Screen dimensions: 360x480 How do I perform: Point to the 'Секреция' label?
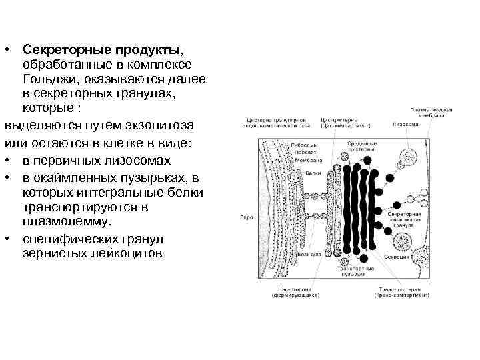pyautogui.click(x=391, y=257)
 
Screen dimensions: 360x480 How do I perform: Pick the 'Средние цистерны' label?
pyautogui.click(x=363, y=147)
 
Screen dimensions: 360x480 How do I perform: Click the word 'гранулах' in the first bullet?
pyautogui.click(x=151, y=95)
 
